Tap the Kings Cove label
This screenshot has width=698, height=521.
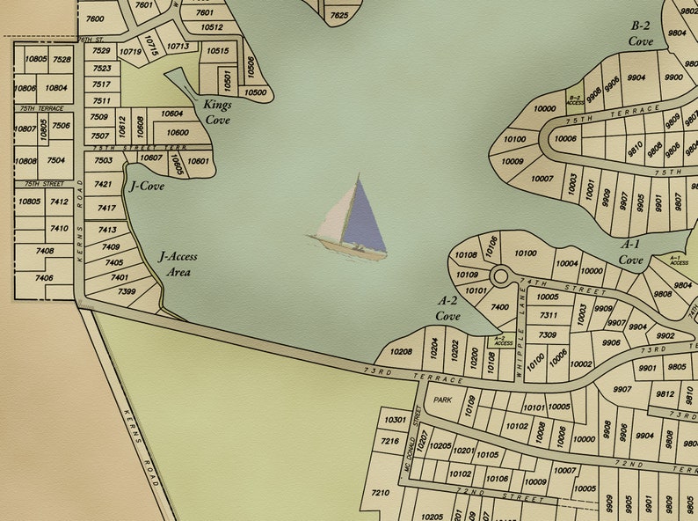(x=217, y=112)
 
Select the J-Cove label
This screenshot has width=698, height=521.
(x=147, y=186)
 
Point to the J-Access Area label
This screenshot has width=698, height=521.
(x=178, y=264)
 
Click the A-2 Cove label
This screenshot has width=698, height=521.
(x=447, y=308)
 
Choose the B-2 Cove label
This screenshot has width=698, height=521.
(x=641, y=34)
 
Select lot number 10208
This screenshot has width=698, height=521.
(x=401, y=352)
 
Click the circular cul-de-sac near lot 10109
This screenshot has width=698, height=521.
(x=500, y=276)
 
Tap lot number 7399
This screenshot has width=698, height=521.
(x=126, y=291)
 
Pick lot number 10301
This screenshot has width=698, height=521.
(x=396, y=420)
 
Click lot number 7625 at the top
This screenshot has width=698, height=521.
(x=338, y=15)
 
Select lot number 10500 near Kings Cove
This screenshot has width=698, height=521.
(x=255, y=92)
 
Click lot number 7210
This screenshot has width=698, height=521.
(x=380, y=493)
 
